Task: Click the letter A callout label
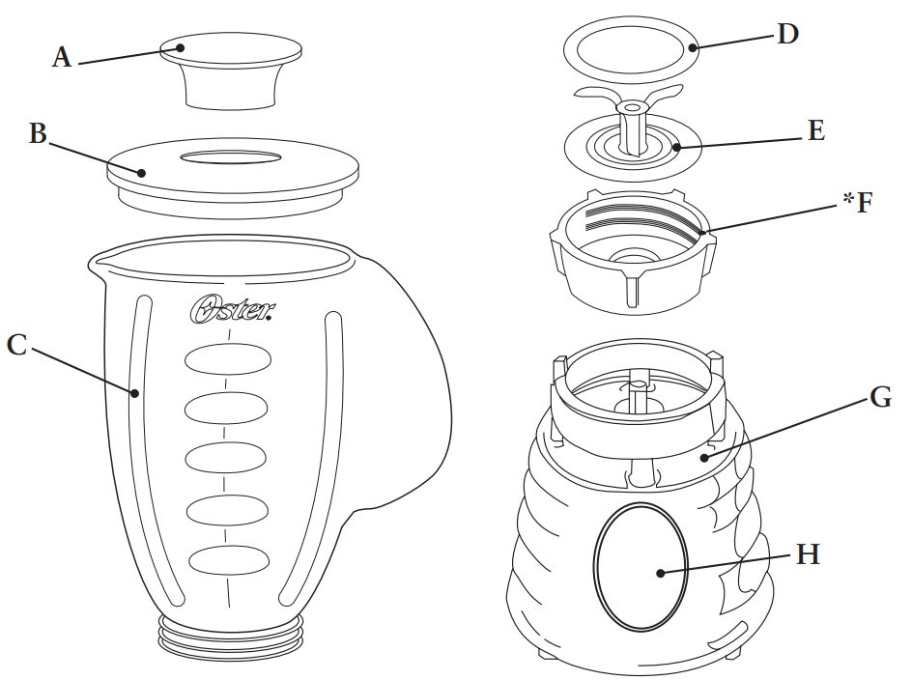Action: pos(62,58)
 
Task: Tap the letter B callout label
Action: pos(38,134)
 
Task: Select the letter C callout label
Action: pos(16,345)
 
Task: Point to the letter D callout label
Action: pos(788,35)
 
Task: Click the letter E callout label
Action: pos(816,130)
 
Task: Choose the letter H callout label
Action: pos(808,554)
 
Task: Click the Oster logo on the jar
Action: pos(231,309)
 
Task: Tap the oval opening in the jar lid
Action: pos(231,156)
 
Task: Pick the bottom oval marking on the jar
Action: pos(228,559)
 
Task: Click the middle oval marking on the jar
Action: pos(228,459)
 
